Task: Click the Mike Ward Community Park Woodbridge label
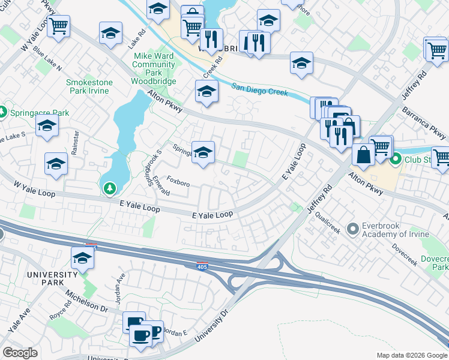tap(154, 68)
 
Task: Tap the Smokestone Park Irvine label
tap(88, 86)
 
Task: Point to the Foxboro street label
tap(178, 181)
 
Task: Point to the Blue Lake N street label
tap(48, 58)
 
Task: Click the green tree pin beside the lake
tap(109, 190)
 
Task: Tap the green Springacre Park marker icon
tap(3, 112)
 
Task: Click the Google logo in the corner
tap(20, 353)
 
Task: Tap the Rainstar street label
tap(75, 142)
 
